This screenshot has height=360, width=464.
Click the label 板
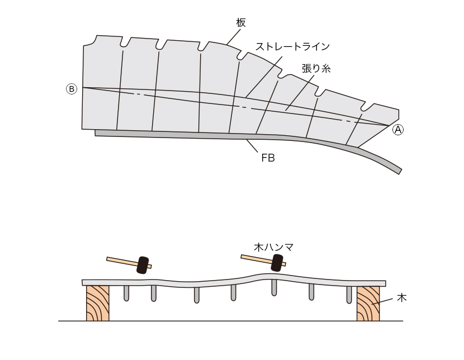241,22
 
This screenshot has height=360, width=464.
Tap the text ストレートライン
292,46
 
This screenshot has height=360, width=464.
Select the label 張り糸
316,69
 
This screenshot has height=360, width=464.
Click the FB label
268,158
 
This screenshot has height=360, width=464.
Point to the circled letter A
398,129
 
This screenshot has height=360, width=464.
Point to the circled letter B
72,89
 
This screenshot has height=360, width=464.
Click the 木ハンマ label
274,247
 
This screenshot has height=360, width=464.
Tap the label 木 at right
401,298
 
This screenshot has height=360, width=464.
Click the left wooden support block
98,304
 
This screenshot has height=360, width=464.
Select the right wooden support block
368,304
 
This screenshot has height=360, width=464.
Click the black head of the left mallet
143,264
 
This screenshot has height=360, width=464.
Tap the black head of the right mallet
277,262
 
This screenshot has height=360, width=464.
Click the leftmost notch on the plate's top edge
126,43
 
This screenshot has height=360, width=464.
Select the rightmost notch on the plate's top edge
366,106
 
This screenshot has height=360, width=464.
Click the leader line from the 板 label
233,36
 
